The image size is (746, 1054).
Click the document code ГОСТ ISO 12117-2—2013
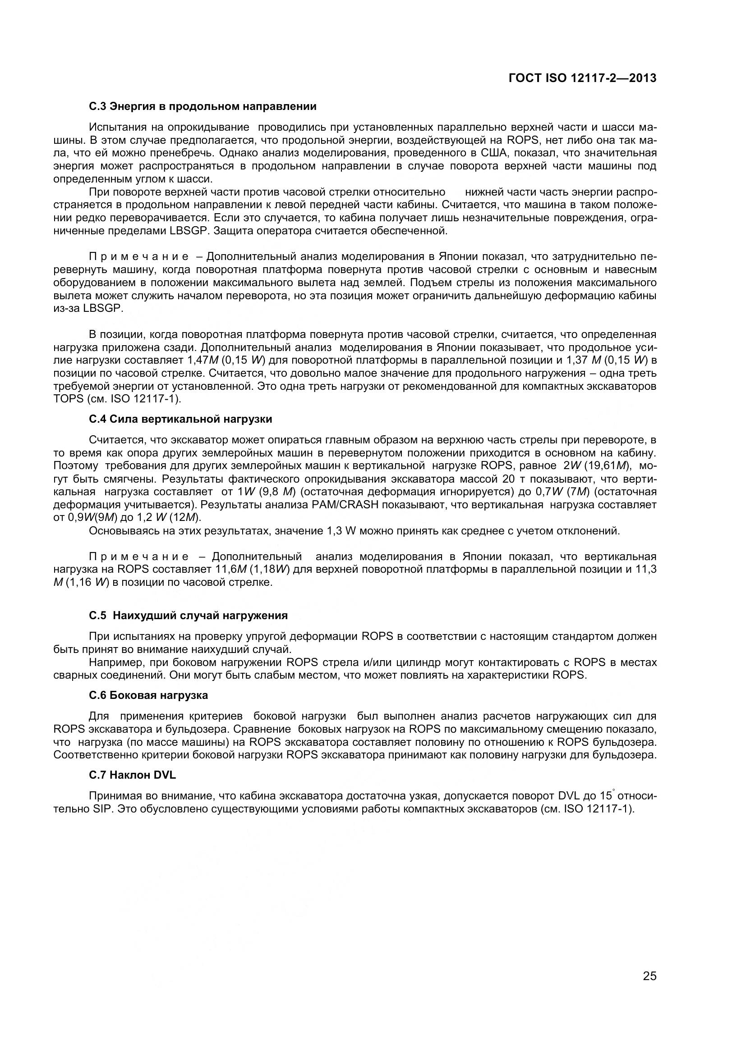pyautogui.click(x=582, y=78)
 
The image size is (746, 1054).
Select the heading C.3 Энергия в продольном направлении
pyautogui.click(x=203, y=106)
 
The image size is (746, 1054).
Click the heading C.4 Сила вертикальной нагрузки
pyautogui.click(x=180, y=419)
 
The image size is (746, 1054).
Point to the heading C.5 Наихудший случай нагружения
pyautogui.click(x=189, y=615)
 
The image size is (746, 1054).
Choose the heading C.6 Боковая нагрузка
pyautogui.click(x=148, y=695)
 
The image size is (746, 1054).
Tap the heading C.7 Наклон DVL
pyautogui.click(x=132, y=775)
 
